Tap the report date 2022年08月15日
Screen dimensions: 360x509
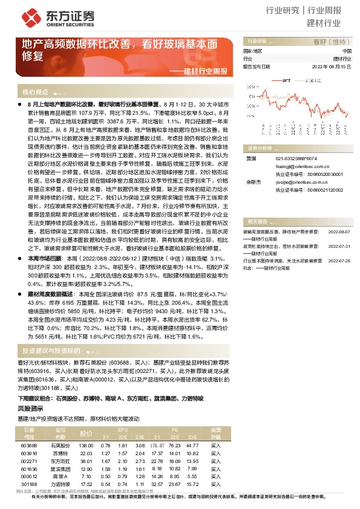click(332, 67)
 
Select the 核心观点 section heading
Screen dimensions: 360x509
click(35, 92)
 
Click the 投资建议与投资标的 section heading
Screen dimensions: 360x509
click(51, 350)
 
